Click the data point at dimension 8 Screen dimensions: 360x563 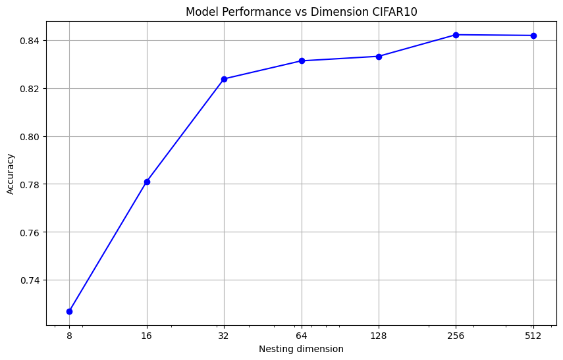(x=69, y=311)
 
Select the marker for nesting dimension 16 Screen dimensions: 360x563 (x=147, y=182)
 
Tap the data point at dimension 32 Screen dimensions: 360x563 (x=224, y=79)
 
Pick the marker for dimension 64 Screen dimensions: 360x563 (x=302, y=61)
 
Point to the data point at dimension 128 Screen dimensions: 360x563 (x=379, y=57)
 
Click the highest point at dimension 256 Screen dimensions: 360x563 (x=456, y=35)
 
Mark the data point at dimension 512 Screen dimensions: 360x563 (x=533, y=36)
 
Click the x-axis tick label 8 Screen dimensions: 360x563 (x=69, y=335)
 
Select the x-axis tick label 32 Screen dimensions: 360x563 (x=224, y=335)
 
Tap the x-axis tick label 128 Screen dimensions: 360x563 (x=379, y=335)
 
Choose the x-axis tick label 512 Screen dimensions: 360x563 (x=533, y=335)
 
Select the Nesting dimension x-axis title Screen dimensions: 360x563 (x=301, y=349)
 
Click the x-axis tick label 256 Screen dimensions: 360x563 (x=456, y=335)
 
